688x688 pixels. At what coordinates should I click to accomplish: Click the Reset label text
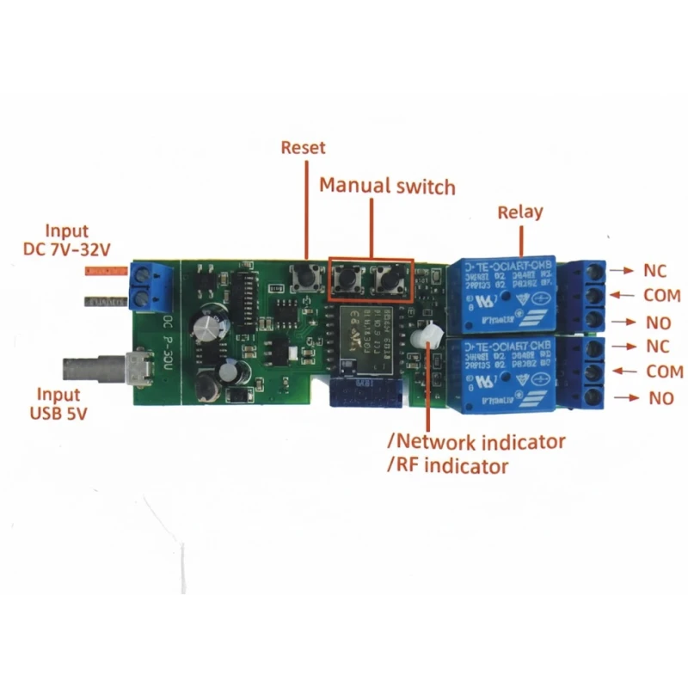pos(304,148)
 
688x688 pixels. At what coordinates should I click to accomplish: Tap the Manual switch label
pos(387,186)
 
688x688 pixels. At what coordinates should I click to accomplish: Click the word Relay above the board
pos(520,212)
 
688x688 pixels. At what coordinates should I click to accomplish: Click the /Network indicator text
pos(476,442)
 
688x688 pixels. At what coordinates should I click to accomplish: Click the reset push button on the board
pos(306,277)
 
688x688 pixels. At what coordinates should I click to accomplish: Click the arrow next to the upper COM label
pos(621,295)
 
